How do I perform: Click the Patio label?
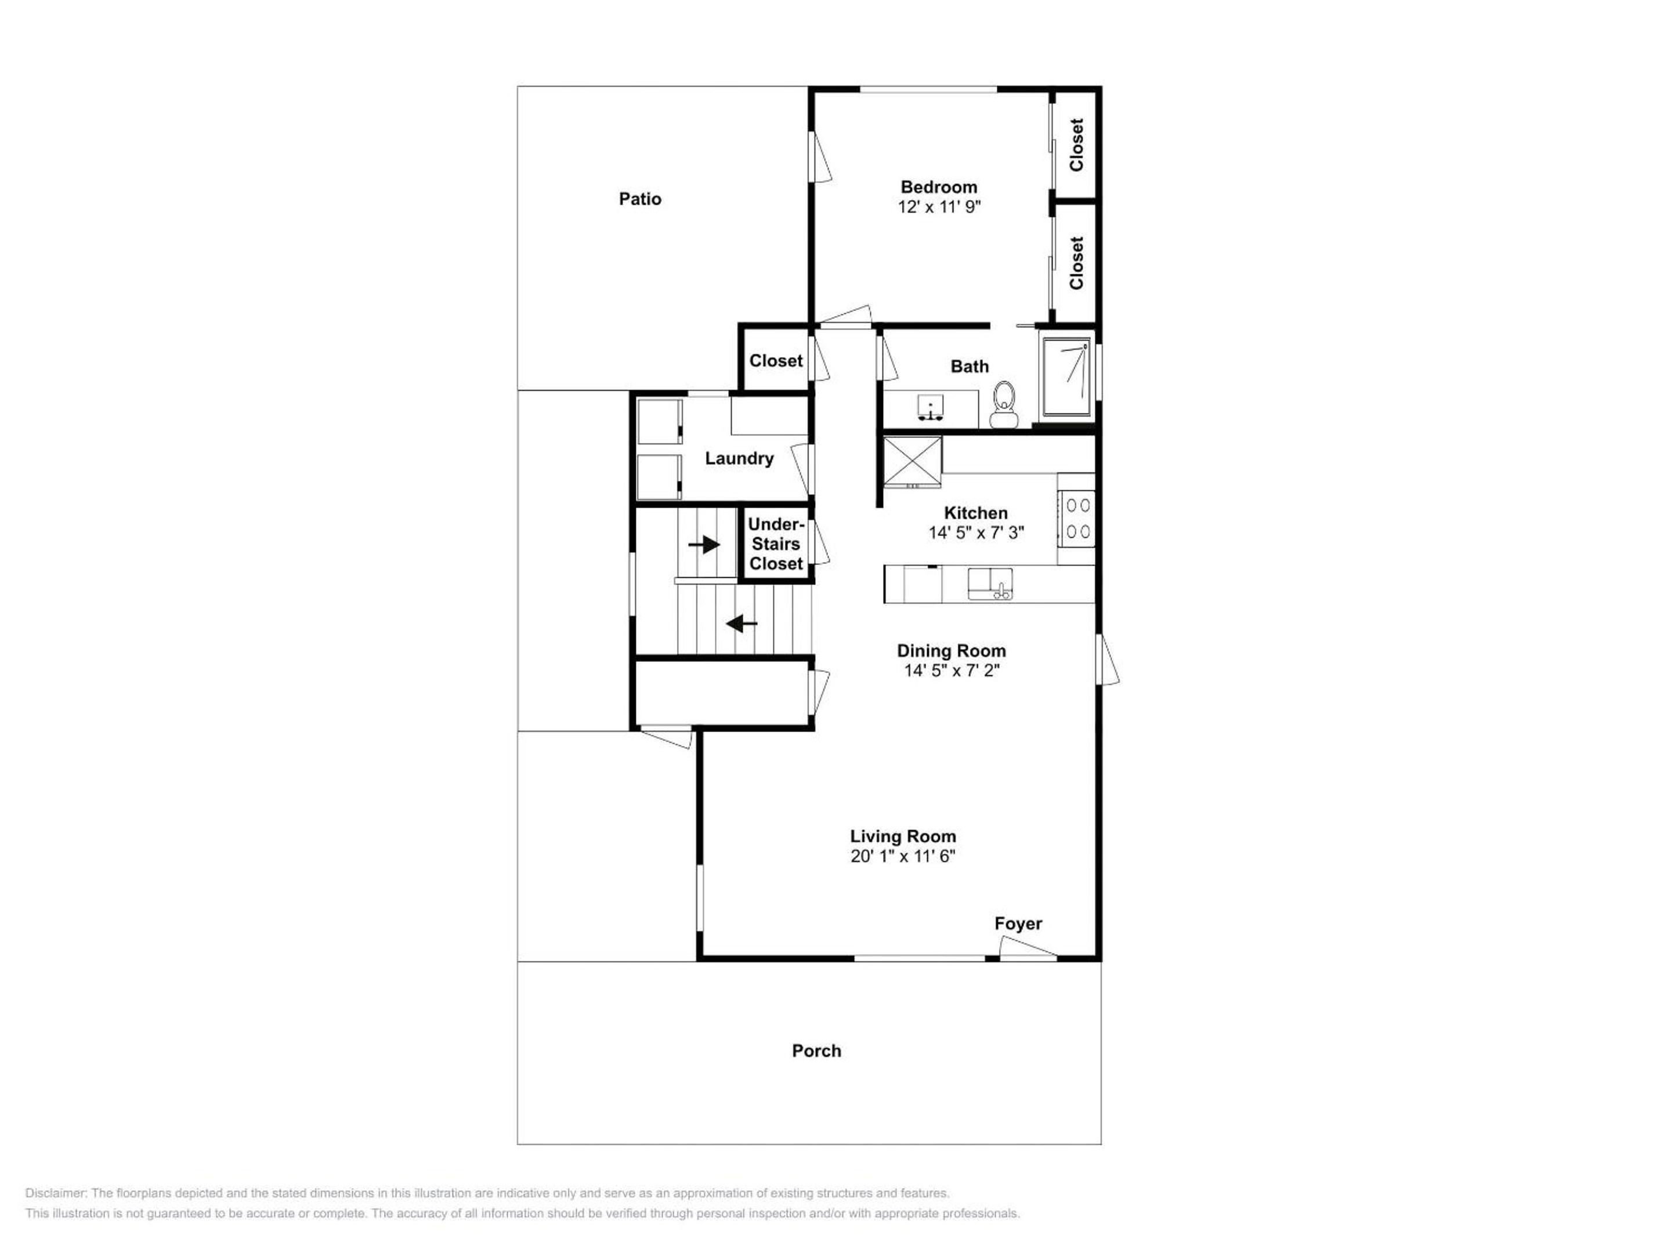click(x=640, y=198)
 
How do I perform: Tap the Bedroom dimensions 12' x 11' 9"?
click(x=939, y=206)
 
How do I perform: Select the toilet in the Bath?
click(x=1003, y=405)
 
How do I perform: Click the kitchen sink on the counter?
click(x=990, y=584)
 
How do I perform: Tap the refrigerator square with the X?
click(x=913, y=462)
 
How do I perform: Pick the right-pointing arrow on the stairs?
click(x=704, y=544)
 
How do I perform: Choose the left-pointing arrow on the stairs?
click(x=742, y=624)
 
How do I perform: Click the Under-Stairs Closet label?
click(x=776, y=544)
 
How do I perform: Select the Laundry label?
click(x=739, y=458)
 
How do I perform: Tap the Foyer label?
click(x=1018, y=924)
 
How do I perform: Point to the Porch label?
click(x=816, y=1051)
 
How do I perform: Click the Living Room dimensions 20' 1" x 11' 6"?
click(x=903, y=856)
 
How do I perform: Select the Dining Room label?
click(x=951, y=650)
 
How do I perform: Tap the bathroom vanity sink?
click(x=930, y=407)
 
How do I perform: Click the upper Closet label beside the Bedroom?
click(x=1076, y=144)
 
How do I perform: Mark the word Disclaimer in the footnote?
click(x=56, y=1193)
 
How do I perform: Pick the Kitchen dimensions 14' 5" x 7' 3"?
click(x=976, y=533)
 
